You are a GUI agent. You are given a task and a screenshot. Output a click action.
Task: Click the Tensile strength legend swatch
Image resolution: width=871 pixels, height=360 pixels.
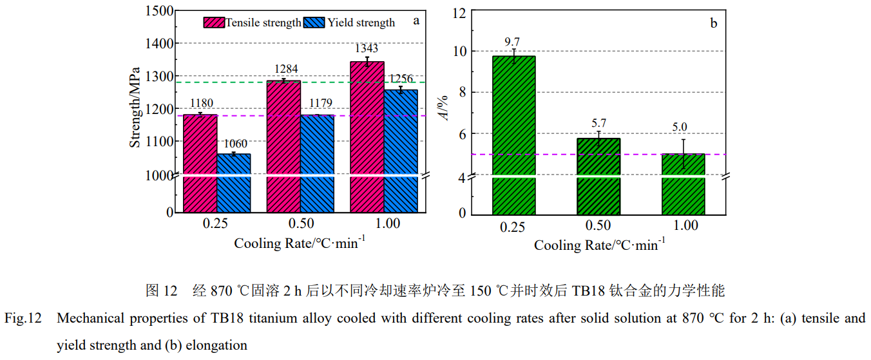coord(214,23)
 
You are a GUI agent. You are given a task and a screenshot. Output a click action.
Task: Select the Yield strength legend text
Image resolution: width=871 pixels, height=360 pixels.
coord(361,23)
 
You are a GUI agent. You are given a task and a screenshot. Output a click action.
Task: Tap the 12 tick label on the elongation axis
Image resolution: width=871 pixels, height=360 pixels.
coord(459,12)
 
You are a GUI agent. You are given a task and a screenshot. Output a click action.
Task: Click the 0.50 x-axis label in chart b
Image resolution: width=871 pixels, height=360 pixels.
coord(598,226)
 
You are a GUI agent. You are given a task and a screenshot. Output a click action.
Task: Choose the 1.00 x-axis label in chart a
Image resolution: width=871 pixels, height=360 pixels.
coord(384,223)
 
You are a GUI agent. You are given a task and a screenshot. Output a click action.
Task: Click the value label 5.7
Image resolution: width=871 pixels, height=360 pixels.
coord(598,124)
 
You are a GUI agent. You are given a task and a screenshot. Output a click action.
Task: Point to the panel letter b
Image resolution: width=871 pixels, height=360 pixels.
coord(713,24)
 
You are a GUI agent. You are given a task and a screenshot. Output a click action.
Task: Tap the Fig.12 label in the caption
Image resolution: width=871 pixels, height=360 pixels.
coord(23,318)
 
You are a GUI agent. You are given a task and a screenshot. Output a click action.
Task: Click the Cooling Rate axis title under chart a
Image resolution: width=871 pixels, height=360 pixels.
coord(300,243)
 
